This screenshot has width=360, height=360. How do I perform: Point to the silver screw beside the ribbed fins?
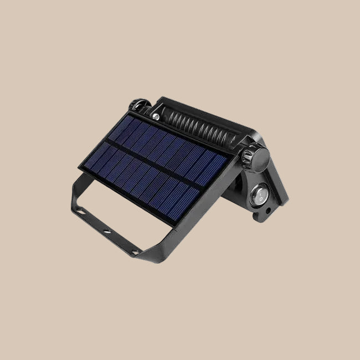click(x=157, y=117)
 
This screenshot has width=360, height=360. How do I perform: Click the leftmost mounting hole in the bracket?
click(x=81, y=211)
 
